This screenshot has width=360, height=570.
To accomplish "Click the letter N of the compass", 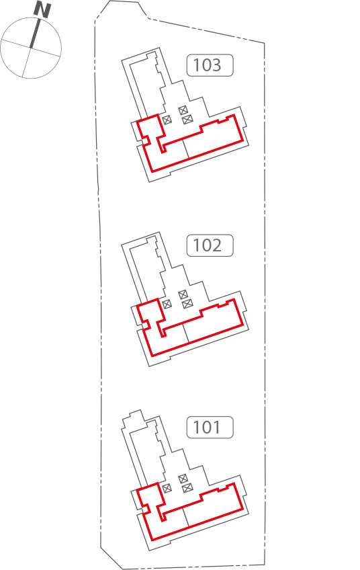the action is [42, 9].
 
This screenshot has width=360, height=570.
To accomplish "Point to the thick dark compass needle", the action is [35, 34].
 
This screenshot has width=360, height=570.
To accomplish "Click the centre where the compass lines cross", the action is [30, 48].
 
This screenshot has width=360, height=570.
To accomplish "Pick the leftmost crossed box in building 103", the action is [167, 120].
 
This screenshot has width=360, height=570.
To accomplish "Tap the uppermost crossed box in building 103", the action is [183, 110].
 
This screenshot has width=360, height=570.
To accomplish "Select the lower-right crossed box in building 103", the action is [187, 119].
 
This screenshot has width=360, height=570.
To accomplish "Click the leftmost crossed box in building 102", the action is [167, 304].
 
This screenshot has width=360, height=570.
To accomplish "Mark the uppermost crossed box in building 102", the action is [183, 294].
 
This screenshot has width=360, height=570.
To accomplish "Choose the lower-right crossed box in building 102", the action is [187, 303].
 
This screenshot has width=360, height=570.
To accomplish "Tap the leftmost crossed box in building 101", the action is [167, 488].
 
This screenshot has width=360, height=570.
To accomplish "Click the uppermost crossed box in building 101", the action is [183, 479].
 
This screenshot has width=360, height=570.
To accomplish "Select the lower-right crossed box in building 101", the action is [187, 487].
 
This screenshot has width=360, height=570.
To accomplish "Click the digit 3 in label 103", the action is [216, 65].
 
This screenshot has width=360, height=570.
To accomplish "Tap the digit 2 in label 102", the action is [216, 245].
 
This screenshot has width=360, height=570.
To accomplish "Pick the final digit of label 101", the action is [216, 427].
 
